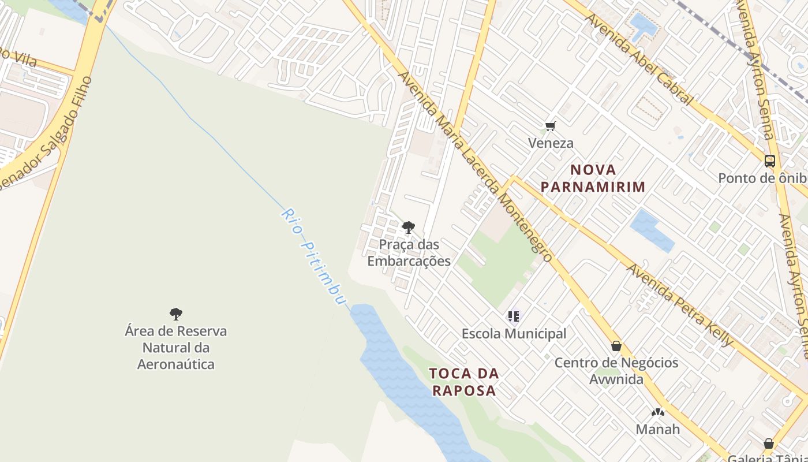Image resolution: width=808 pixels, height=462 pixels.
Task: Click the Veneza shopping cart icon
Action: (x=550, y=126)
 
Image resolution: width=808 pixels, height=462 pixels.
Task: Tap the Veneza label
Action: (x=551, y=143)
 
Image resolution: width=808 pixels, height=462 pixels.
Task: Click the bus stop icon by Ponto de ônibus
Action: (x=769, y=161)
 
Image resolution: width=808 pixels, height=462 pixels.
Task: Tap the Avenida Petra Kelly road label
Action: (x=680, y=305)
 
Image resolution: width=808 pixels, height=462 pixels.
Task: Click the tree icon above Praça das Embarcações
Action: (x=409, y=228)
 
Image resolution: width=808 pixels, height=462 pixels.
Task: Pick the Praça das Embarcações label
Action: (x=409, y=253)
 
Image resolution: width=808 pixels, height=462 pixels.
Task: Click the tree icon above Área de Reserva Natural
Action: (x=176, y=314)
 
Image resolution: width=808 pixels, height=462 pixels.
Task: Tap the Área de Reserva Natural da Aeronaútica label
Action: (x=176, y=348)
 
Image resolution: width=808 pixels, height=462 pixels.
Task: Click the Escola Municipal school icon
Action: (x=513, y=316)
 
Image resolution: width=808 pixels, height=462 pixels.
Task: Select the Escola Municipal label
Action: (x=514, y=334)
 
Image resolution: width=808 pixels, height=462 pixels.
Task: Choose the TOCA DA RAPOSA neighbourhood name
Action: (x=464, y=382)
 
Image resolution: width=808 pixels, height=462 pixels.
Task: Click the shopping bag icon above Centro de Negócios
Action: (x=616, y=346)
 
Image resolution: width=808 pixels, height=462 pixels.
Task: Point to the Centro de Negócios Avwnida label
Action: (x=616, y=371)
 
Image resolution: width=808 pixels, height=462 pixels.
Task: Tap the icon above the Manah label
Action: (x=657, y=412)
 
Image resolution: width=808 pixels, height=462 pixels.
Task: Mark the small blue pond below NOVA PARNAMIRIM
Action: (x=652, y=230)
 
